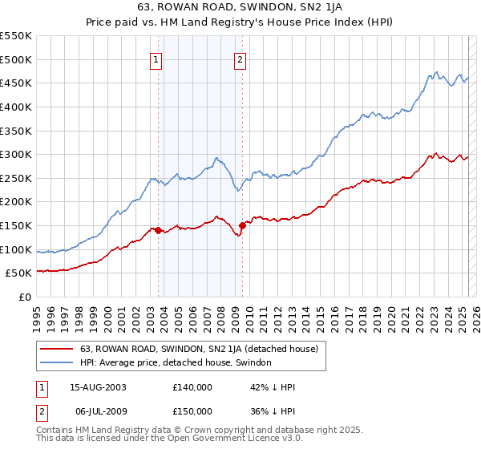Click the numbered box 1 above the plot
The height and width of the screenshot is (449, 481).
156,58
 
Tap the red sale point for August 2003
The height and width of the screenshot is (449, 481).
158,230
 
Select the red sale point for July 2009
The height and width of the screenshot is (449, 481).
242,225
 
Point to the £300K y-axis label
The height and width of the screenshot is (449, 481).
16,154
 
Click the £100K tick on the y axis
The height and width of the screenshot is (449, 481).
16,249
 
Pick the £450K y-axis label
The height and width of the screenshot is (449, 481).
16,83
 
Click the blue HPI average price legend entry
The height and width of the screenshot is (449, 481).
176,362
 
